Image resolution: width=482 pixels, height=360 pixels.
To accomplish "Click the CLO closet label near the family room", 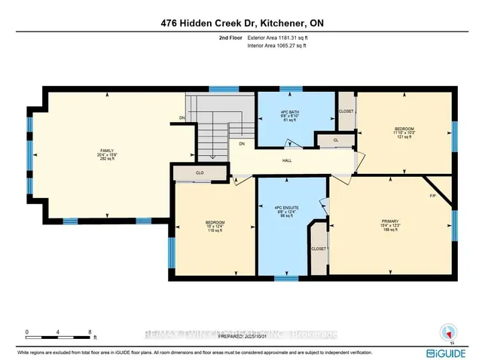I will click(200, 173).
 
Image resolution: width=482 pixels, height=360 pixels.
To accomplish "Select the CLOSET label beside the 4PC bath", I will click(346, 111).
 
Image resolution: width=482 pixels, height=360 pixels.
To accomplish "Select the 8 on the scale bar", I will click(90, 331).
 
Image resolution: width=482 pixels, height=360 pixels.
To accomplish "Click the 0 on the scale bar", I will click(26, 331).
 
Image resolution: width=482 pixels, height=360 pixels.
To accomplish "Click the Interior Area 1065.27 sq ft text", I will click(277, 46).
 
